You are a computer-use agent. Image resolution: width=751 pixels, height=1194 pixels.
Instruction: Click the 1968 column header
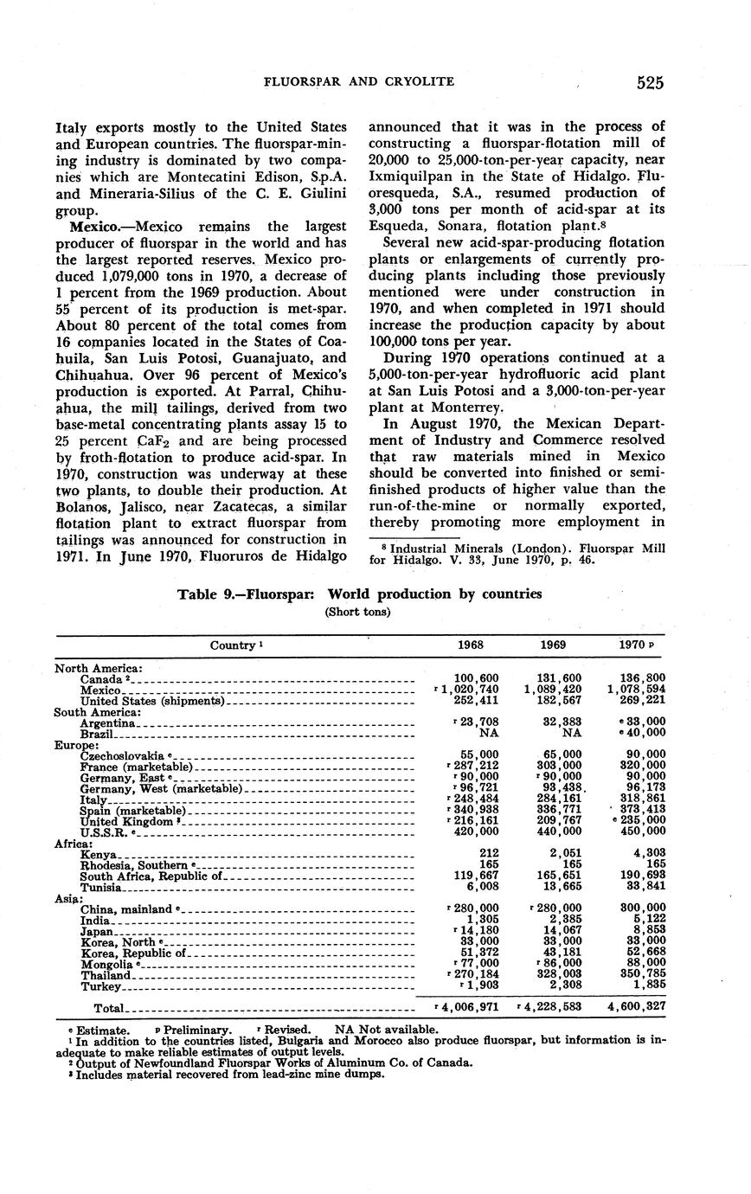coord(471,645)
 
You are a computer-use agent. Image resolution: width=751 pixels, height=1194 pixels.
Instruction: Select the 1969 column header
coord(553,645)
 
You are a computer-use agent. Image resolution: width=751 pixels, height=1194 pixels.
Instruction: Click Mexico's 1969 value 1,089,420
coord(554,690)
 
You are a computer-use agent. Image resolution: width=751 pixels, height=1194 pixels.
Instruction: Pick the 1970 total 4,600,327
coord(636,1007)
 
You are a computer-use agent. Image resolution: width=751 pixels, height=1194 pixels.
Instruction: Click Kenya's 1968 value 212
coord(486,854)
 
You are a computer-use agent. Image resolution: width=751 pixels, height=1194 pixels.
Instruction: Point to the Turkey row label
coord(100,986)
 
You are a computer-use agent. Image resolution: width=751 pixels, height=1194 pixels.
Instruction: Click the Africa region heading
coord(74,844)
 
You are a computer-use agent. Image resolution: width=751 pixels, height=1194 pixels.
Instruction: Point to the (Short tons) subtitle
coord(358,611)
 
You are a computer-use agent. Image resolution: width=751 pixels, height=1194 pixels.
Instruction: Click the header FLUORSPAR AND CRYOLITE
coord(358,82)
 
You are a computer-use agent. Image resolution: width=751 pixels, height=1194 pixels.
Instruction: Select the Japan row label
coord(96,932)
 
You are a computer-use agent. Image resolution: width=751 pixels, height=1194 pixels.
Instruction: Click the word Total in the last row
coord(109,1008)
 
